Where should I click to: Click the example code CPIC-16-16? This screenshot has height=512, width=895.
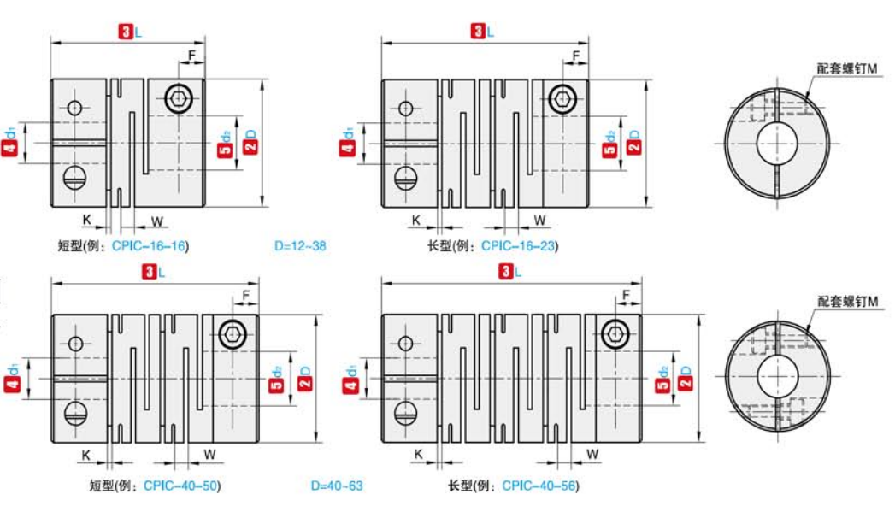pyautogui.click(x=150, y=246)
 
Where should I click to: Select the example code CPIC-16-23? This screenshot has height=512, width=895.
pyautogui.click(x=519, y=246)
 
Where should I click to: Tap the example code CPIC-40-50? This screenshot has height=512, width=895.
pyautogui.click(x=181, y=486)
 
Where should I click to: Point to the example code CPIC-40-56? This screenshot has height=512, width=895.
pyautogui.click(x=539, y=486)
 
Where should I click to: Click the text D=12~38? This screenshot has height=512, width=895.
pyautogui.click(x=300, y=246)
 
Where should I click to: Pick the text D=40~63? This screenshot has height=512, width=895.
pyautogui.click(x=337, y=486)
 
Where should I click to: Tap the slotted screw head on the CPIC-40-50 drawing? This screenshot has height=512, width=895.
pyautogui.click(x=76, y=415)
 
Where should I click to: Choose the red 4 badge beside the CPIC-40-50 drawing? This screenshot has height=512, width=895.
pyautogui.click(x=10, y=386)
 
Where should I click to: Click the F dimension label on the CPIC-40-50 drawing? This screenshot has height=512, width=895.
pyautogui.click(x=245, y=297)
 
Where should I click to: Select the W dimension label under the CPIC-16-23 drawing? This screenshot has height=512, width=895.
pyautogui.click(x=540, y=221)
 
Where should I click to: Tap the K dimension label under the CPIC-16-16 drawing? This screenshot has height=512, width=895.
pyautogui.click(x=87, y=220)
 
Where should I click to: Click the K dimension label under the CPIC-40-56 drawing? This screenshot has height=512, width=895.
pyautogui.click(x=418, y=454)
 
